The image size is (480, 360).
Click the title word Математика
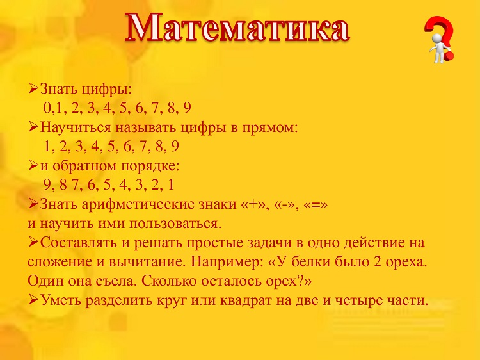237,28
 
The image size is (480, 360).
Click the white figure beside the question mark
439,48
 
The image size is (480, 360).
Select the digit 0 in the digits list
47,108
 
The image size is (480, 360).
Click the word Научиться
76,127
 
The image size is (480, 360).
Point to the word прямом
269,128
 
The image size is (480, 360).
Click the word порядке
150,167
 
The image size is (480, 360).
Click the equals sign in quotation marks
316,204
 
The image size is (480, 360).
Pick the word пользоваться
175,224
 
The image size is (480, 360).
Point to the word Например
227,262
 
